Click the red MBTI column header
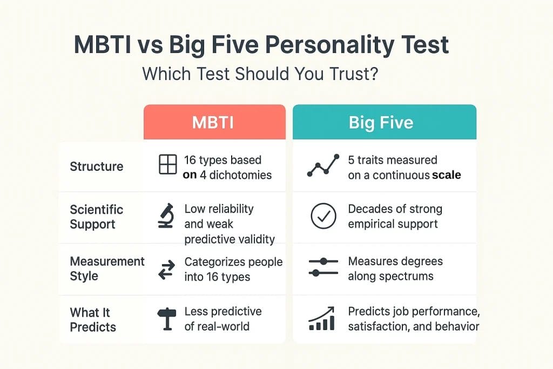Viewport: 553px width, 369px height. coord(214,122)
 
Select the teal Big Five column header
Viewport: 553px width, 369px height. coord(384,122)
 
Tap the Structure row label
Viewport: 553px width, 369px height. coord(97,166)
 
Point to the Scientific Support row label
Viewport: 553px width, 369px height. coord(97,217)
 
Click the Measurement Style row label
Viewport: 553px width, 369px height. coord(107,269)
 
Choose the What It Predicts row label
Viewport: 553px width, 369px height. coord(92,320)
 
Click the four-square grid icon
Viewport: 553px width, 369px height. coord(167,164)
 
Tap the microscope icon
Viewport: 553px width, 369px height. coord(165,216)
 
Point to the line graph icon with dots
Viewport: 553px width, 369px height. coord(323,165)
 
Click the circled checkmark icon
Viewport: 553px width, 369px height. coord(323,217)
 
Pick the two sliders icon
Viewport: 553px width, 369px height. coord(323,267)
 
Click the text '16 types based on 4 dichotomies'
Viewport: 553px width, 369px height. coord(227,167)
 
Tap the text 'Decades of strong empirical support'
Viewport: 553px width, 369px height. coord(395,216)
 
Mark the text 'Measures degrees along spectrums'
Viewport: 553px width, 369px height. coord(395,269)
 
